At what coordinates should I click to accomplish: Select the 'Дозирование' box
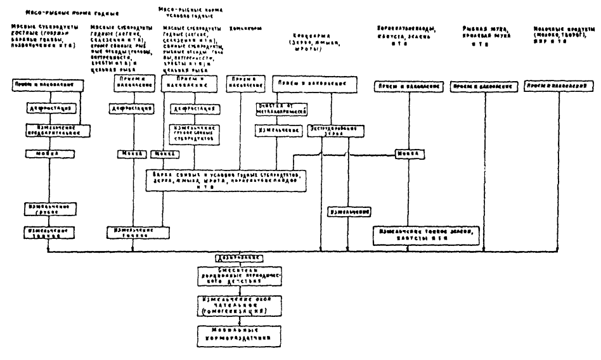tap(231, 258)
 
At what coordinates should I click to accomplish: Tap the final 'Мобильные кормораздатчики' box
tap(231, 333)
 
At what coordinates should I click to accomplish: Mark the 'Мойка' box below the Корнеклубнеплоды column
tap(406, 154)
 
